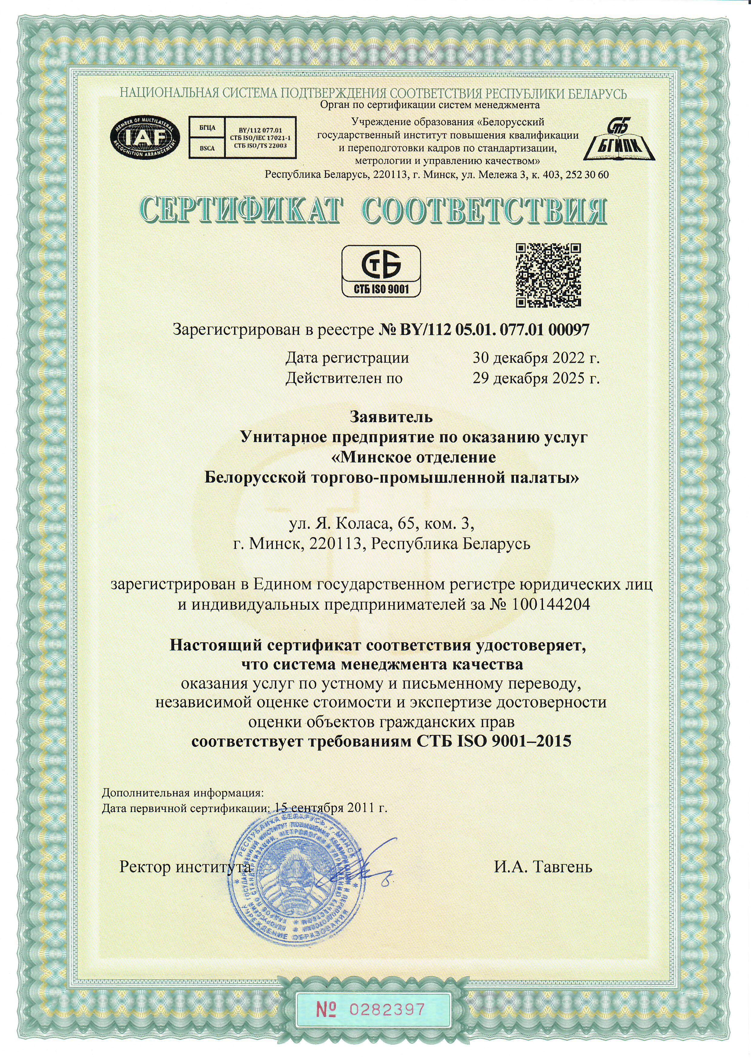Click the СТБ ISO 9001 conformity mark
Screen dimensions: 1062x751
(381, 271)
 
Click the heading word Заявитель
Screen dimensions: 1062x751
(391, 417)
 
